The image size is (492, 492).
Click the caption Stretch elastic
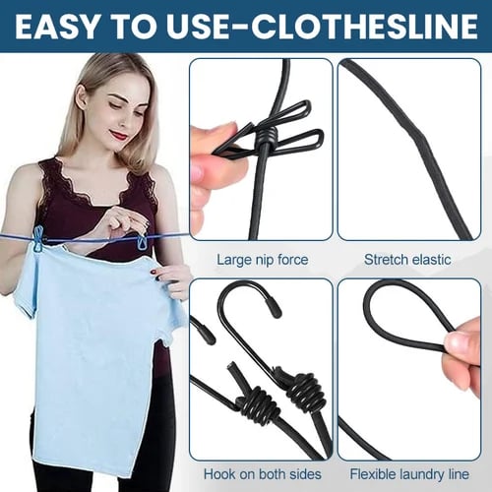click(407, 260)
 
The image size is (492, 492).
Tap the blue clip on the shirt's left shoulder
click(38, 239)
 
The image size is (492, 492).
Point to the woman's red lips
click(119, 135)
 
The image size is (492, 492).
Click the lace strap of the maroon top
click(48, 197)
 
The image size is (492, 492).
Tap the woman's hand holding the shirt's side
click(175, 279)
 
